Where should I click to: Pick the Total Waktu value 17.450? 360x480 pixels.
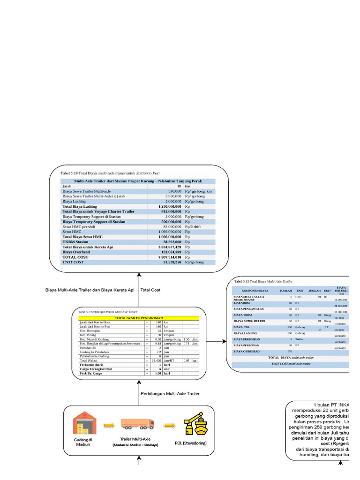(156, 360)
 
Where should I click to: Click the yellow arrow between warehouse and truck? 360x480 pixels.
(109, 425)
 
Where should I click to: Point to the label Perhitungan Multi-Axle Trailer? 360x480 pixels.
(170, 394)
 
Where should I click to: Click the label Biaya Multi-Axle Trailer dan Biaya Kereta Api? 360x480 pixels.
(90, 290)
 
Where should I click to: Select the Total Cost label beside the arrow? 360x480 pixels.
(150, 290)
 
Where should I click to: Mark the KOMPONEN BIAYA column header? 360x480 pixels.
(255, 291)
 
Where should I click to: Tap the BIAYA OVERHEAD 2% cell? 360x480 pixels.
(291, 351)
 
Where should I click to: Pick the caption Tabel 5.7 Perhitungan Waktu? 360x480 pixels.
(108, 311)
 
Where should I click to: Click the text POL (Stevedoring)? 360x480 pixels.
(190, 443)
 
